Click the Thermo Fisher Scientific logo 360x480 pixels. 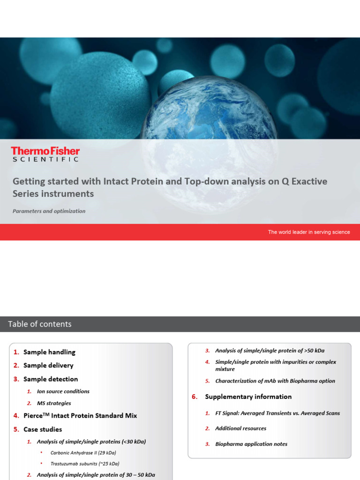coord(45,154)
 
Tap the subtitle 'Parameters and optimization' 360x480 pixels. coord(49,211)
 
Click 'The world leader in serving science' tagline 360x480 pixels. coord(309,232)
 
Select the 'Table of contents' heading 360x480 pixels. coord(40,324)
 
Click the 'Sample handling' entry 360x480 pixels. coord(49,352)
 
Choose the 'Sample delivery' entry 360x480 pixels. coord(48,365)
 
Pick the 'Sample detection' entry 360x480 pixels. coord(51,379)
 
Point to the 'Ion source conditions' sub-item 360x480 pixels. coord(63,391)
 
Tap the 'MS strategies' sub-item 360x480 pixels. coord(54,403)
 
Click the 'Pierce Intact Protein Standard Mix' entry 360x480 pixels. coord(80,415)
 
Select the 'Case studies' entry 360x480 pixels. coord(43,429)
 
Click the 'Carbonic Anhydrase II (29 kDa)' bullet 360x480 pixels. coord(83,453)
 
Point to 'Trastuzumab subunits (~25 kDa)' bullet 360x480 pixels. coord(85,464)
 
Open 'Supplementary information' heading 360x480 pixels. coord(248,397)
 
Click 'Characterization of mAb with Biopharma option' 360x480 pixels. coord(275,381)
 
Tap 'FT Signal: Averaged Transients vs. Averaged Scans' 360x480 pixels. coord(277,413)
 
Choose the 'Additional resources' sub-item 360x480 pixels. coord(240,428)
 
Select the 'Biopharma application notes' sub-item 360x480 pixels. coord(251,444)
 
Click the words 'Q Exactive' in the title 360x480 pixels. coord(304,181)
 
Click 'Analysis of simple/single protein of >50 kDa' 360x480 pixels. coord(270,351)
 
